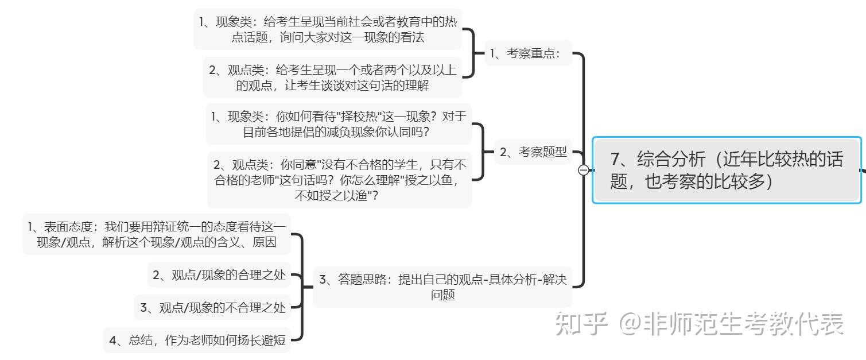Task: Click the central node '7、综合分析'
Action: [727, 170]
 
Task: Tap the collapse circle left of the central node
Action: [583, 170]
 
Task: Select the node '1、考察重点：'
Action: [529, 54]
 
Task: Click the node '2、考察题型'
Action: [533, 152]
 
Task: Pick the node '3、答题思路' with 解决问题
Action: [442, 287]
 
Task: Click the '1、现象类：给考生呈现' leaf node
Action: [328, 29]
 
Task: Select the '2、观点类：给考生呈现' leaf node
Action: [333, 78]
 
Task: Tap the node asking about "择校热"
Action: [339, 123]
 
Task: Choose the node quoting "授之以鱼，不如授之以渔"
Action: [340, 180]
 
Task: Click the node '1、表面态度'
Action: [156, 234]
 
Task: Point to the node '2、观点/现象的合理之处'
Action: [219, 275]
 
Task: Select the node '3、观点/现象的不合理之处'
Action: [212, 308]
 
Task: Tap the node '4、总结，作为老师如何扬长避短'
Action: [197, 340]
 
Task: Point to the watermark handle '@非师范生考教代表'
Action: [732, 324]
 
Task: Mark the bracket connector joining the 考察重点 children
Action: [473, 53]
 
